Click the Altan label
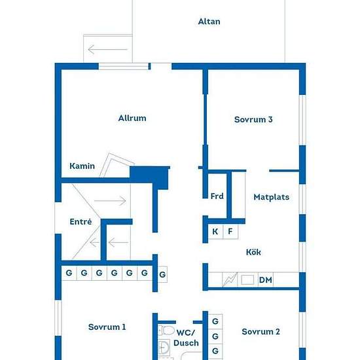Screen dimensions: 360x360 click(x=209, y=22)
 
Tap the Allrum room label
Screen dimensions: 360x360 click(x=132, y=118)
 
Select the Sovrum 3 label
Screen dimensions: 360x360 click(x=253, y=119)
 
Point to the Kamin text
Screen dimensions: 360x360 click(x=82, y=166)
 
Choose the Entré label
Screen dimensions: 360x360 click(x=81, y=221)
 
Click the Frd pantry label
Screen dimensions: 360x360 click(x=217, y=196)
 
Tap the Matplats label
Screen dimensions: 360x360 click(x=272, y=197)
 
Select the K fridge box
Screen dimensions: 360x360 click(x=215, y=232)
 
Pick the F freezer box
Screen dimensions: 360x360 click(x=230, y=232)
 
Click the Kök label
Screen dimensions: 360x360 click(x=253, y=252)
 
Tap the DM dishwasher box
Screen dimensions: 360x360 click(x=266, y=279)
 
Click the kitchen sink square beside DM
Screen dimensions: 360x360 click(x=247, y=279)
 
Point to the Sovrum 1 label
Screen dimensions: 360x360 click(x=107, y=327)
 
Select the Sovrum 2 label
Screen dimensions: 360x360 click(x=261, y=332)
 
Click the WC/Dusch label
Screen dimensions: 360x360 click(x=186, y=338)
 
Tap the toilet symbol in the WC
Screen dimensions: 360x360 click(x=166, y=331)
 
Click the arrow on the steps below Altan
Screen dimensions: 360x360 click(x=108, y=49)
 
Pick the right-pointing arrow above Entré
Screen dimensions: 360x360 click(x=110, y=201)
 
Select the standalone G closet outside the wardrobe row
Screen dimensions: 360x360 click(x=162, y=274)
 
